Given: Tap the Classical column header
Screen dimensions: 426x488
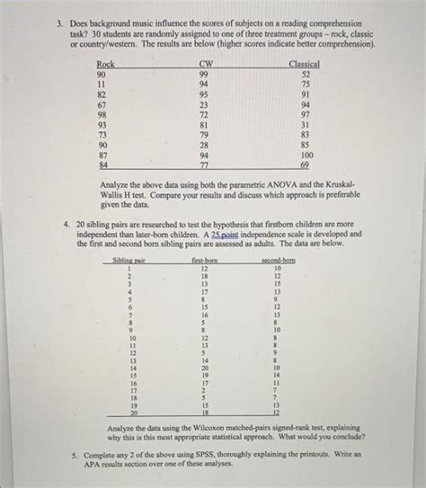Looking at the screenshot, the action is tap(304, 64).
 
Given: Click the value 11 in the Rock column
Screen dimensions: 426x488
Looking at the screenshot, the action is tap(103, 83).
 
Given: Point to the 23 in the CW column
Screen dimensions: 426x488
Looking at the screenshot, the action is tap(204, 103).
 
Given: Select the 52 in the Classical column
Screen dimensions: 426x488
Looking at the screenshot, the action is tap(305, 74).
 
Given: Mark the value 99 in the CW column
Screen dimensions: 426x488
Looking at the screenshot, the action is tap(204, 74).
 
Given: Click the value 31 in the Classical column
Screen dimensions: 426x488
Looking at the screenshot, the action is tap(305, 124).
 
